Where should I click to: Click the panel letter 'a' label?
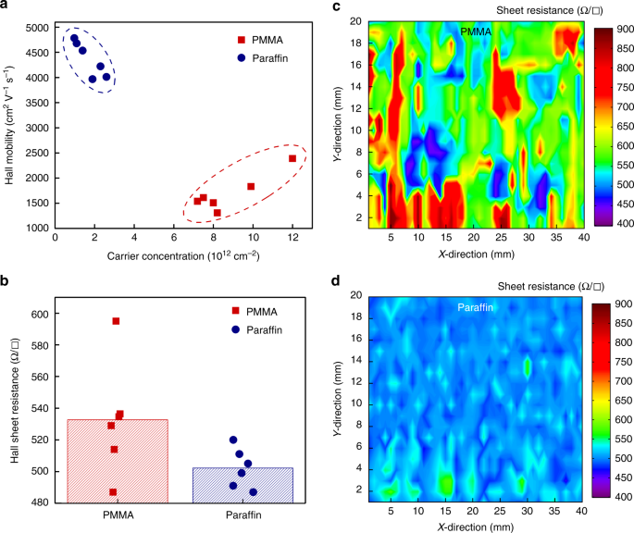click(x=6, y=7)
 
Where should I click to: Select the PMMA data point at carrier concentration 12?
click(x=292, y=158)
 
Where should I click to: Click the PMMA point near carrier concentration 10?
click(x=251, y=186)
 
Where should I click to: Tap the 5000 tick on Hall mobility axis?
click(x=38, y=28)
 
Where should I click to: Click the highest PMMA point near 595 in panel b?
click(x=116, y=321)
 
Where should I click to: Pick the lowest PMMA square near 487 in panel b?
click(x=113, y=492)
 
